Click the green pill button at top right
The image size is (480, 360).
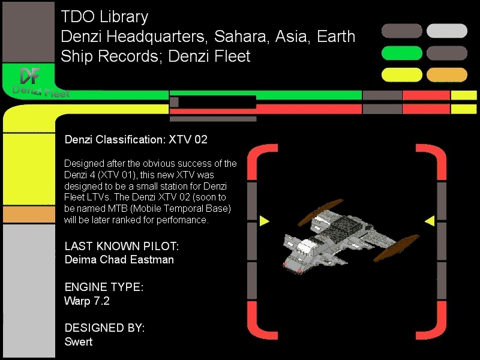click(401, 53)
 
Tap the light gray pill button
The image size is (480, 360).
click(446, 31)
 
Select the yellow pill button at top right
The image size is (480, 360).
click(401, 74)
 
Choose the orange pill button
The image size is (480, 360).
click(446, 74)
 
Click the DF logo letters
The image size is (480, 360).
click(30, 76)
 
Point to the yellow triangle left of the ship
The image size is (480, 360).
click(264, 221)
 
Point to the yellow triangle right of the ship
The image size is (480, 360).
click(430, 221)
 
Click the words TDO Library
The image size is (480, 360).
click(104, 17)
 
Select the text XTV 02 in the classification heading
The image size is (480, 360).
click(188, 140)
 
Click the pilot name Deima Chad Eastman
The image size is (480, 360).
click(119, 260)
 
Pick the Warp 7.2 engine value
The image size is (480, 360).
click(87, 301)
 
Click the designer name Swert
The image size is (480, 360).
click(79, 341)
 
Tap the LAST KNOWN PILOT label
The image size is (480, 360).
click(122, 246)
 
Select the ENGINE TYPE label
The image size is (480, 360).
click(104, 287)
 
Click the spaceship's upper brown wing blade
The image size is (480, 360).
click(320, 212)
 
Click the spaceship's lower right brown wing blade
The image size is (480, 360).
click(396, 248)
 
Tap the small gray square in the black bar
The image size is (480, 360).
click(174, 102)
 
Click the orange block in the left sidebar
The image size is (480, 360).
click(29, 214)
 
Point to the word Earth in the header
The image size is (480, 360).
click(336, 37)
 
